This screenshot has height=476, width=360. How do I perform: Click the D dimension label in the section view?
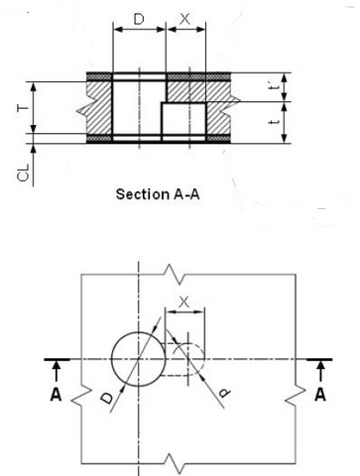140,17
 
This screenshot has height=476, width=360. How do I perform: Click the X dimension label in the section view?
185,17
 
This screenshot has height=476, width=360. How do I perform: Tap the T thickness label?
20,106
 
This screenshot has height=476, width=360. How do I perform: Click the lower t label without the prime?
273,122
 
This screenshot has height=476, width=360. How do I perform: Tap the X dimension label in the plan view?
182,298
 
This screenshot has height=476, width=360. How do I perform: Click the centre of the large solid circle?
140,359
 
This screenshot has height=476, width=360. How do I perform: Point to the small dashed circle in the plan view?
190,360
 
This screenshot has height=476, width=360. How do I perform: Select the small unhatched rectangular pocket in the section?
183,119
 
